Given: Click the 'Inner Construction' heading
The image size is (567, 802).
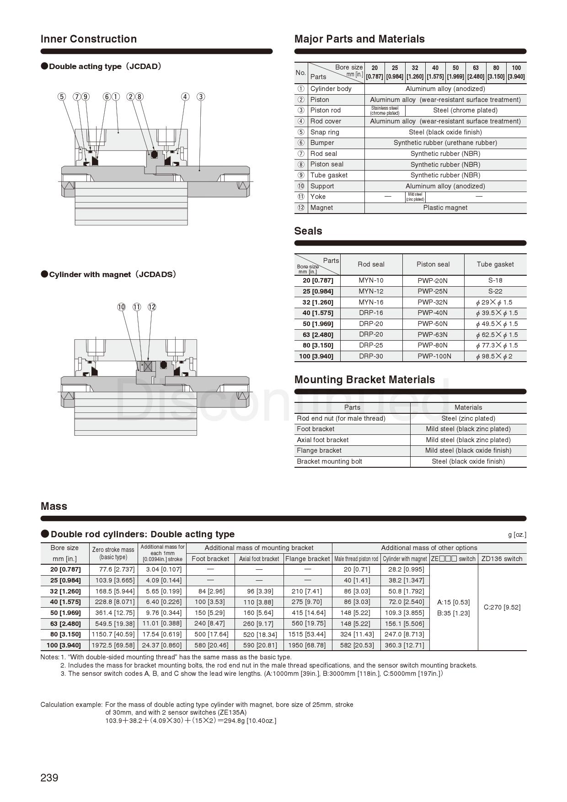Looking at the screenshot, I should [88, 39].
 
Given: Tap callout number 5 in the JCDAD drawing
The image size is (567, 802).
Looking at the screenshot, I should [62, 96].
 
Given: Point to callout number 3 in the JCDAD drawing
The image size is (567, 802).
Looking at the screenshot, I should [201, 96].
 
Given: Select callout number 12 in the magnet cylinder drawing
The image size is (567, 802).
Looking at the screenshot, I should [152, 307].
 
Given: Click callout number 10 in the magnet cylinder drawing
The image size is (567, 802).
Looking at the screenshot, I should [121, 307].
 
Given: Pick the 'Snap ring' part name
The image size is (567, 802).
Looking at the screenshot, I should [325, 132].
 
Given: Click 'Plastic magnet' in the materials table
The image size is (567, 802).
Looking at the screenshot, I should [445, 208].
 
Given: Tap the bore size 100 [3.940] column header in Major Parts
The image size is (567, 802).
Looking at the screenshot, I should [516, 72].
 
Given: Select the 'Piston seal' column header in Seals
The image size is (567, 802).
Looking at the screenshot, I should [433, 264].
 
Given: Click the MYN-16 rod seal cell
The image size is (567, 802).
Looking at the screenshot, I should [371, 302].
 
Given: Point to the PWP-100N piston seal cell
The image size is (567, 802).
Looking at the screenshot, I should [433, 356].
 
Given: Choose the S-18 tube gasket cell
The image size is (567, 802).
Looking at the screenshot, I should [495, 280].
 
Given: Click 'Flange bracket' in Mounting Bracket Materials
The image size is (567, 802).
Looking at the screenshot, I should [319, 450].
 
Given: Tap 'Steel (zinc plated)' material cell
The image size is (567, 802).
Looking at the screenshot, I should [468, 418].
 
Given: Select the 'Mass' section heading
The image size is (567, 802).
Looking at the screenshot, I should [54, 506].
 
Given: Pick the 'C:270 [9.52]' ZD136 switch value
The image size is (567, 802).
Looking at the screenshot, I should [502, 607].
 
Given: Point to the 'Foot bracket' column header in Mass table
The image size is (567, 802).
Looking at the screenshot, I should [210, 559].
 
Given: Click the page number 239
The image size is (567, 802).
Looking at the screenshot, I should [49, 778].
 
